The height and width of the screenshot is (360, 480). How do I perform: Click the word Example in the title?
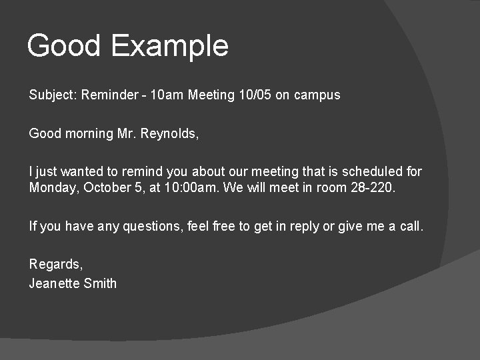169,46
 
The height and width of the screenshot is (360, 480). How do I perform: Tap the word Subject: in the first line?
53,95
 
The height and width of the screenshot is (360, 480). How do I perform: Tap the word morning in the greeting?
89,133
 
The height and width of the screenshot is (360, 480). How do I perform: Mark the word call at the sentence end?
410,227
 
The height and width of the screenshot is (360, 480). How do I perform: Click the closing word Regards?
55,265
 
